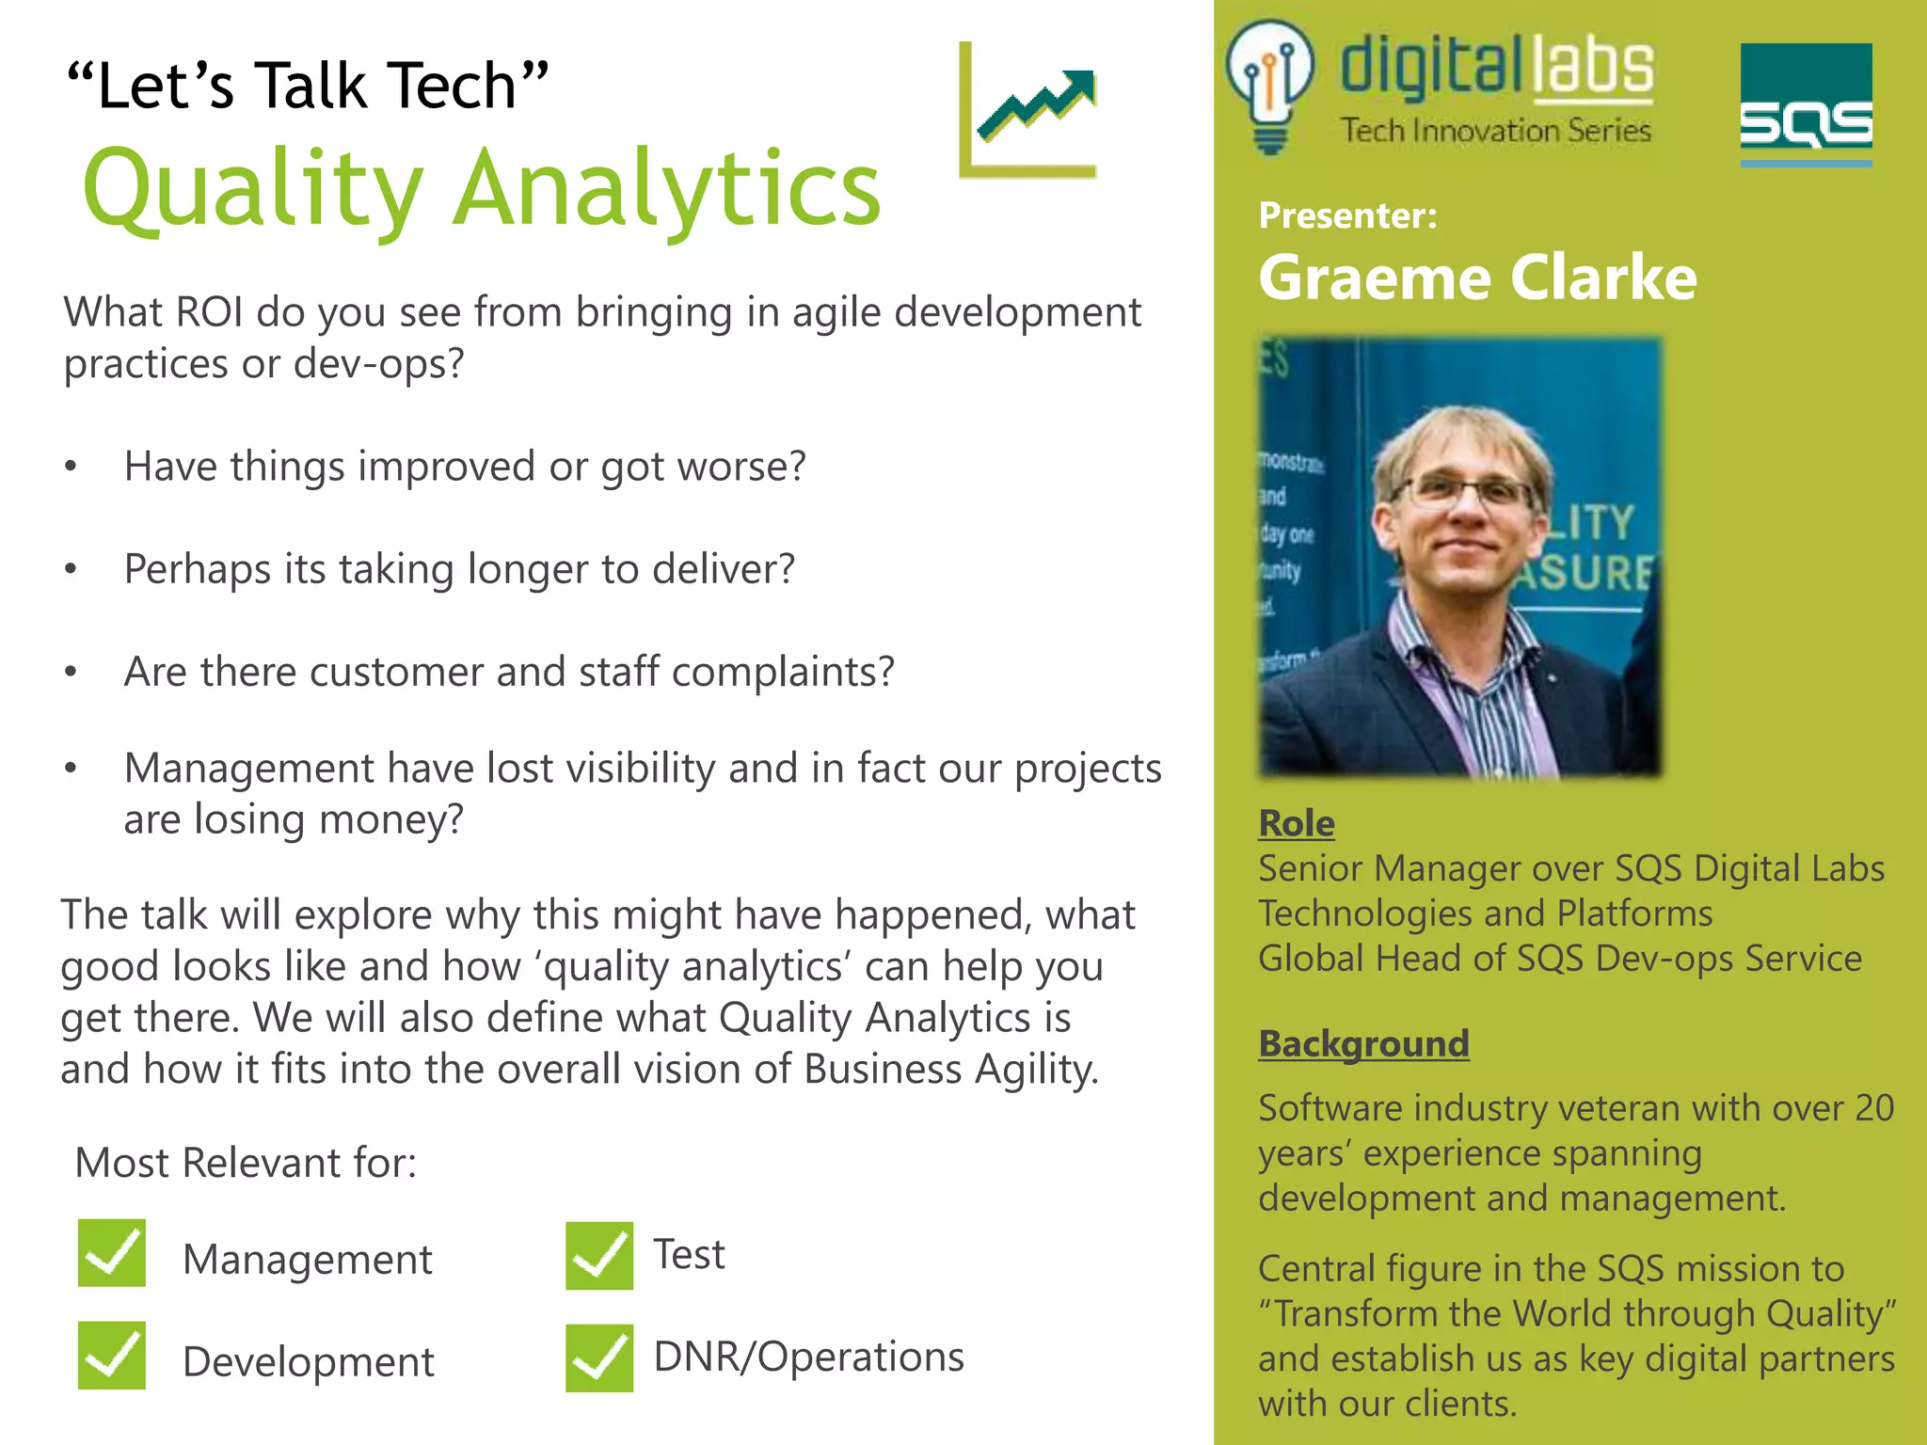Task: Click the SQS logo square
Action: coord(1806,104)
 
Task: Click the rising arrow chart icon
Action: coord(1029,110)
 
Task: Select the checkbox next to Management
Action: coord(112,1252)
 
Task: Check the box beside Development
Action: coord(112,1355)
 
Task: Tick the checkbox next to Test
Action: coord(599,1255)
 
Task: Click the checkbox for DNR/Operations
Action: coord(599,1358)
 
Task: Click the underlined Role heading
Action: coord(1297,823)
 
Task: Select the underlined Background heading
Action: coord(1363,1043)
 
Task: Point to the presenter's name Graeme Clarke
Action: coord(1477,278)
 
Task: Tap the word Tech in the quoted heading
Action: coord(452,87)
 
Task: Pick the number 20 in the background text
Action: coord(1873,1108)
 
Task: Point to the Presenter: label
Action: coord(1347,215)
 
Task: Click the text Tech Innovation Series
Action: coord(1495,130)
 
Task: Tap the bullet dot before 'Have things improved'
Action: coord(71,467)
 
